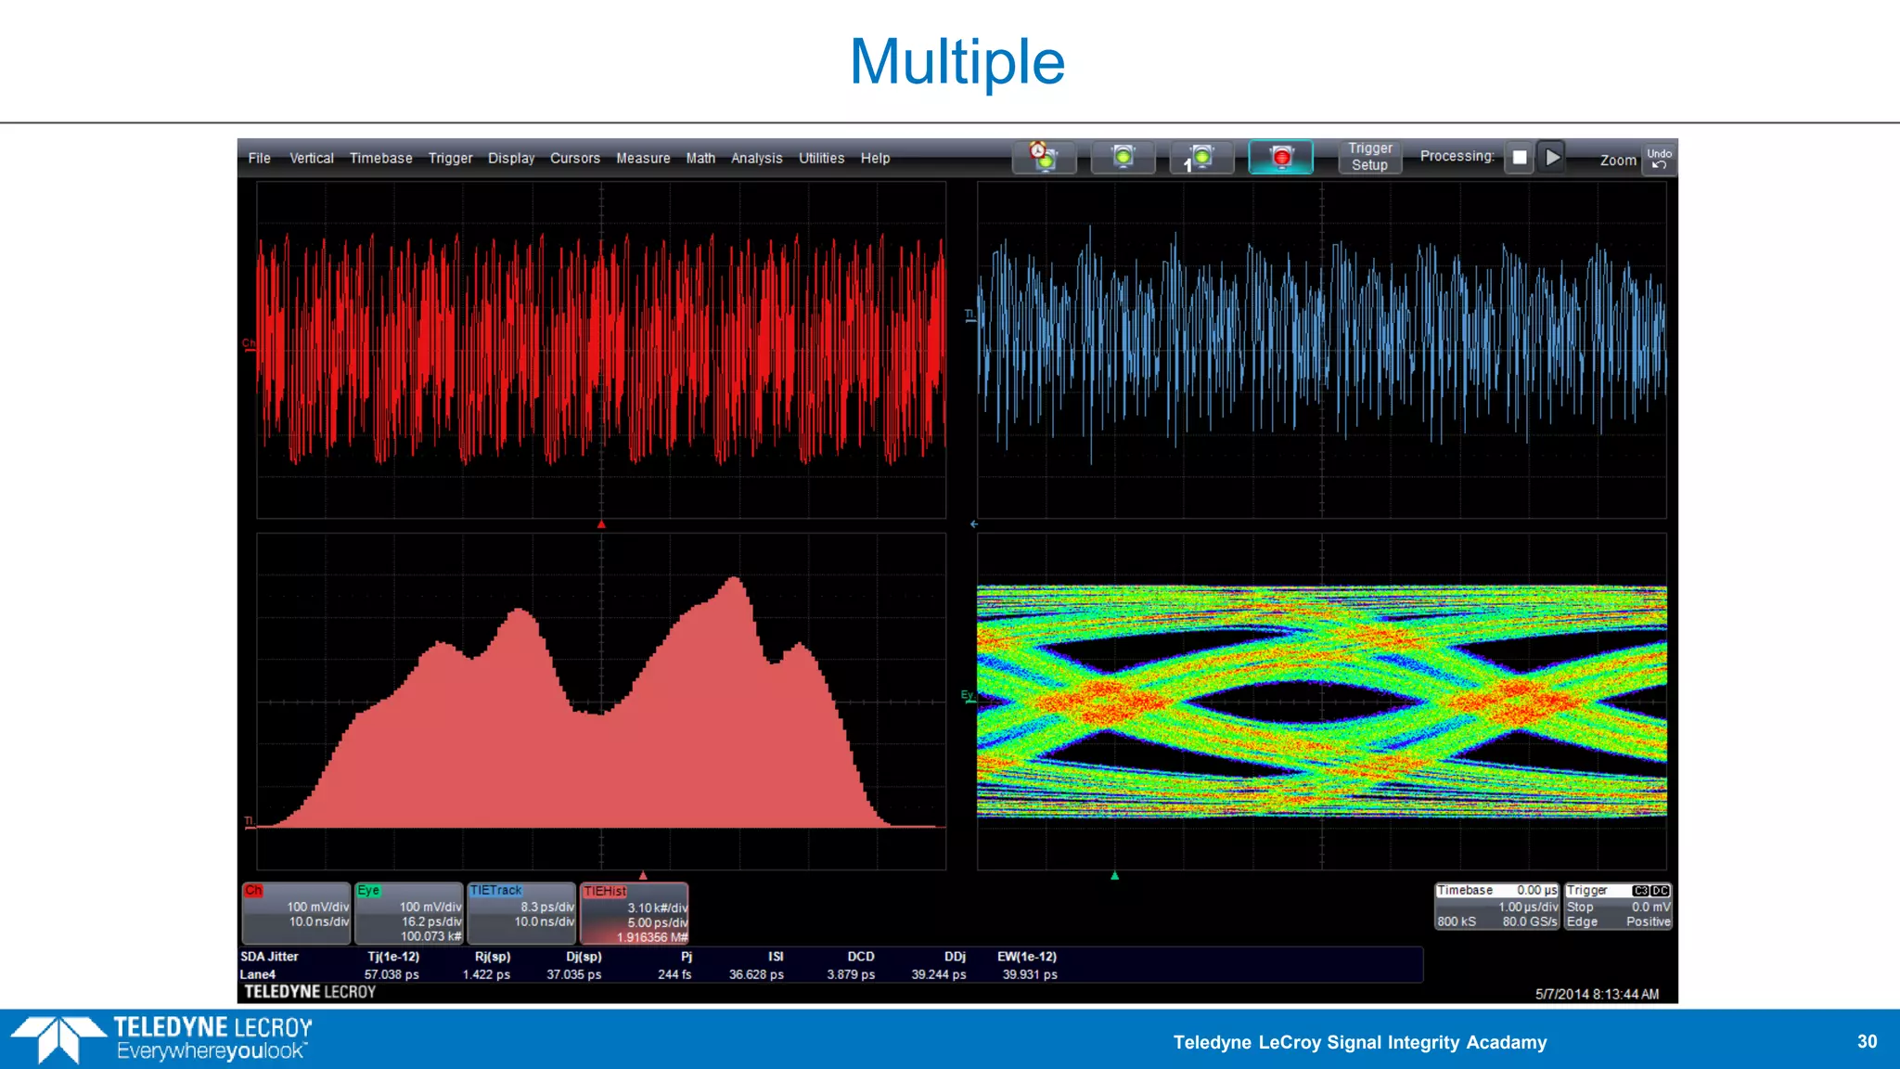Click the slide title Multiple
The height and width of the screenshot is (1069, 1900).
[956, 62]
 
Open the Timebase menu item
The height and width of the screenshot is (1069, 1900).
[380, 159]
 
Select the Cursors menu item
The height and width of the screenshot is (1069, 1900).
[574, 159]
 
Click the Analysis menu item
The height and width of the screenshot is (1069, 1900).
[756, 159]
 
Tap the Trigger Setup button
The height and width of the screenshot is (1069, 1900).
[1369, 157]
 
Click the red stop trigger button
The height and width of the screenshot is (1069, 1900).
[1280, 157]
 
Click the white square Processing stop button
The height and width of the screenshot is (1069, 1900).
[1519, 157]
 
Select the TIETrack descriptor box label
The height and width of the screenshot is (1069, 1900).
[495, 890]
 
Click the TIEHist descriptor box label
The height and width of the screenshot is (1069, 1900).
[605, 891]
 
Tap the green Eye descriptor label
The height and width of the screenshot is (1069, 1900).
[368, 890]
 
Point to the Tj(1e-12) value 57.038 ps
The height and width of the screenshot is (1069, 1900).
[392, 974]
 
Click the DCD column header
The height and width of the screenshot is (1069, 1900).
[860, 957]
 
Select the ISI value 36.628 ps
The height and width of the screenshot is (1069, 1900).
[756, 974]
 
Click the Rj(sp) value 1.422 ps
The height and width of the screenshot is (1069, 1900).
[486, 974]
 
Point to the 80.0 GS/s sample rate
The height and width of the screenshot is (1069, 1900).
[1529, 921]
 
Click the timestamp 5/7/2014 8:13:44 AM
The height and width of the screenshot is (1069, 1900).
[1597, 994]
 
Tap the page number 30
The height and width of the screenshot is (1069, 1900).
[1867, 1041]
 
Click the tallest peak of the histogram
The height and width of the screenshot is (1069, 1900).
[735, 581]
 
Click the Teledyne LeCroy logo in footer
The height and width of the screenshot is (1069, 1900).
[162, 1038]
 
